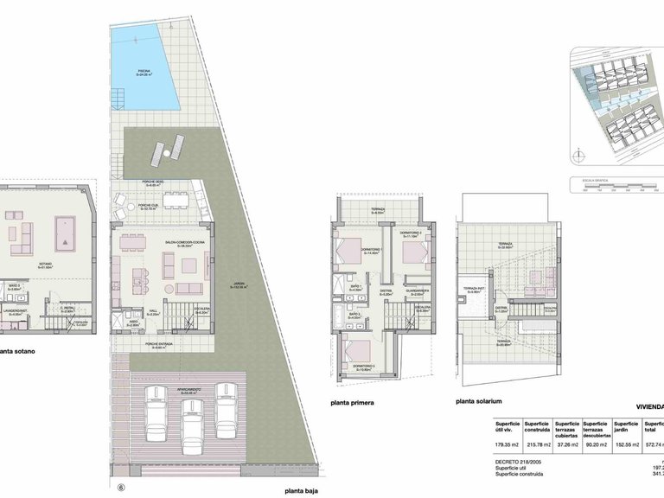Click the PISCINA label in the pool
[x=144, y=73]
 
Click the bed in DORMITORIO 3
[x=355, y=351]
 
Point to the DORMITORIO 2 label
[x=410, y=234]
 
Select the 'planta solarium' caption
[x=480, y=402]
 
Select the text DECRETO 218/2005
[x=519, y=463]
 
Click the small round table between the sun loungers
[x=166, y=150]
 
